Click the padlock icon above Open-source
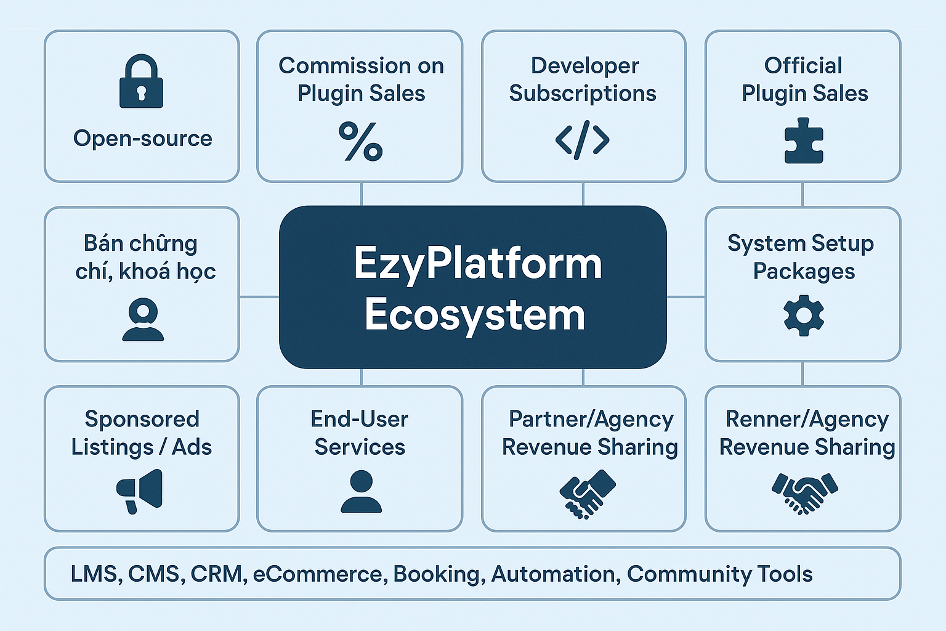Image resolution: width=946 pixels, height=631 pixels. click(141, 82)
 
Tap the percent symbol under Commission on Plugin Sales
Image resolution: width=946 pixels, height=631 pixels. click(361, 141)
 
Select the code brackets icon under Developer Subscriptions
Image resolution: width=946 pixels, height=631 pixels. click(583, 140)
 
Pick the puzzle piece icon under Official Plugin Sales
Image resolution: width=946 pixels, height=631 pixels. click(803, 141)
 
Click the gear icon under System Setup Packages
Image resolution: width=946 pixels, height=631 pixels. click(803, 315)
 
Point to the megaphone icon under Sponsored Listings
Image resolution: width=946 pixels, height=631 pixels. click(140, 491)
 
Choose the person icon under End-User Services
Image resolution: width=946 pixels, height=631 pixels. click(361, 491)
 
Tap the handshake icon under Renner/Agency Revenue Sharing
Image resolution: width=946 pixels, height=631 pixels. click(804, 492)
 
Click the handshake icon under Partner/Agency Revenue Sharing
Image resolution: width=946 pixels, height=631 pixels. click(587, 493)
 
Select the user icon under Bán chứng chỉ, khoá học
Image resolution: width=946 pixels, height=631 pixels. click(143, 319)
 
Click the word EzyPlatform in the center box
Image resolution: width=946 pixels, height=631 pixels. click(478, 264)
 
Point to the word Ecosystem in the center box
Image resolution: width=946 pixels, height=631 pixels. click(474, 315)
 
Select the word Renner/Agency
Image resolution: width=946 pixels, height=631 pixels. click(807, 420)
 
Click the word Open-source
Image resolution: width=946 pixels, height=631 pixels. click(143, 139)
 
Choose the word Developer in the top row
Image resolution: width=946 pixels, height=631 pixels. click(584, 66)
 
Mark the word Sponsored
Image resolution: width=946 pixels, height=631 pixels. click(142, 420)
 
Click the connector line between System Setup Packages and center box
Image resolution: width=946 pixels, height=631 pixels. click(686, 297)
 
